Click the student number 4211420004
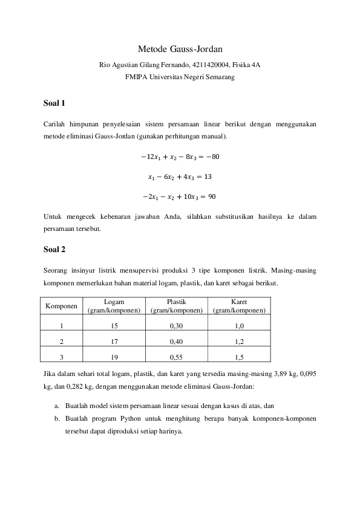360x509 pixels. click(213, 64)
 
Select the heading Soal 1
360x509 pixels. click(54, 103)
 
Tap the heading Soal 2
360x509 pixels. click(54, 248)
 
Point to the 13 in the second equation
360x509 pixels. click(206, 177)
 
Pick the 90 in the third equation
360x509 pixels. click(212, 197)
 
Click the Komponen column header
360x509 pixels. click(62, 306)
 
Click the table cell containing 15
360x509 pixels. click(114, 326)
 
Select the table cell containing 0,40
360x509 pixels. click(177, 341)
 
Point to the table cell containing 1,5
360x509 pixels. click(239, 356)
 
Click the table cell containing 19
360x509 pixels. click(114, 356)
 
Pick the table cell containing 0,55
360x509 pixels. click(177, 356)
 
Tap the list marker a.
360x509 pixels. click(56, 406)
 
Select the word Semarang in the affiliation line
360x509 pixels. click(219, 77)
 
